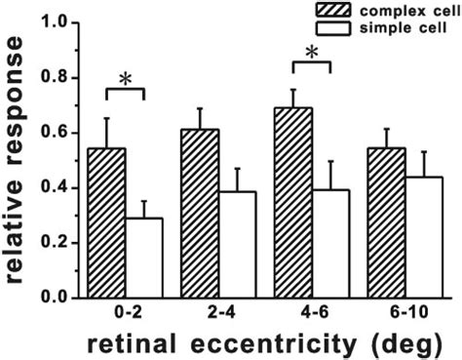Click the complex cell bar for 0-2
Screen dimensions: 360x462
coord(107,222)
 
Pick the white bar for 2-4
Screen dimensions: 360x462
coord(235,244)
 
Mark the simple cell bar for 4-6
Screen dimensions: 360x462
coord(330,243)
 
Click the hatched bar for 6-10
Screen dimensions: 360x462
coord(385,222)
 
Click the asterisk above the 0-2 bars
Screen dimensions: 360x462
coord(125,78)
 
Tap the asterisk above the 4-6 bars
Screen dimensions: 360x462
coord(312,50)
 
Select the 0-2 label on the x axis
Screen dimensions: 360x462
coord(125,314)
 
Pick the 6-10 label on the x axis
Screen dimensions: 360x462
coord(404,314)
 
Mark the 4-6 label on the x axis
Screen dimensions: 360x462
coord(312,314)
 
